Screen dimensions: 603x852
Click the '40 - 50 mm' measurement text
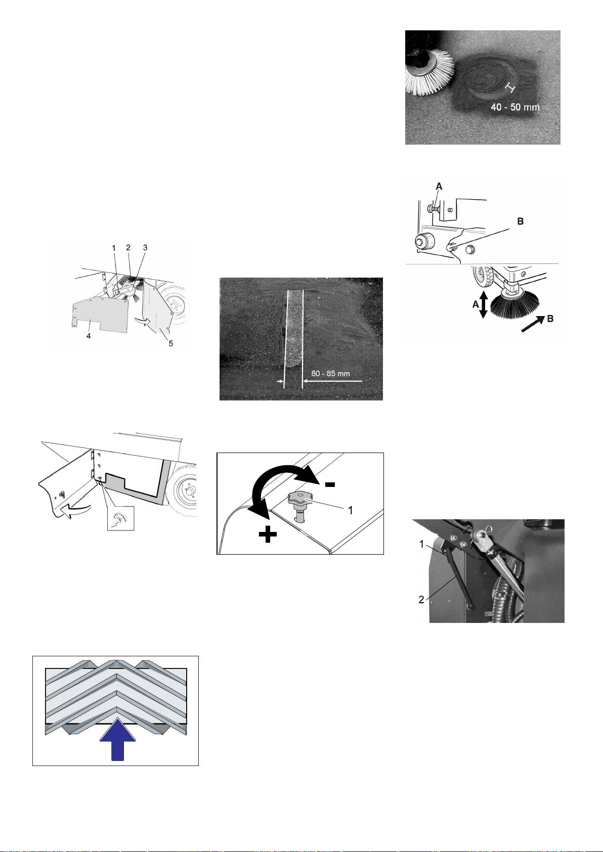(515, 107)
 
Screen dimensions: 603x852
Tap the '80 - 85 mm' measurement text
(331, 374)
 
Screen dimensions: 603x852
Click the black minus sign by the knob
(330, 484)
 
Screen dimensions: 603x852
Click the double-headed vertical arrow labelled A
(483, 304)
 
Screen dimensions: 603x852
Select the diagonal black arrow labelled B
(533, 323)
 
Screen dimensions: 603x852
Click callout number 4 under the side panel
(88, 336)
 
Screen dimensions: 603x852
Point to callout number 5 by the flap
(171, 343)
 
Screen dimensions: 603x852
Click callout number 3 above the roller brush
(145, 248)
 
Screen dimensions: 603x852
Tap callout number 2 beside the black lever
(421, 600)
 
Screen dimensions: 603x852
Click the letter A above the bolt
(439, 187)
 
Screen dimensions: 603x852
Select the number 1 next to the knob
(351, 510)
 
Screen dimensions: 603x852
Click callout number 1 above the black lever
(421, 544)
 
